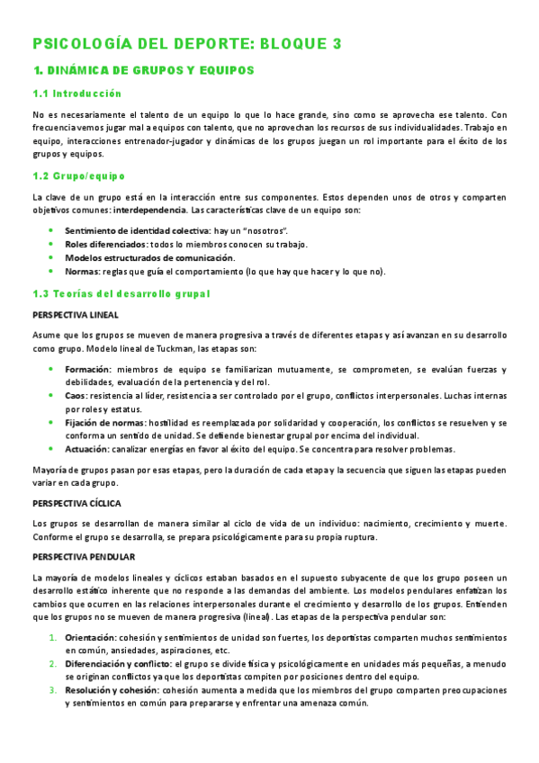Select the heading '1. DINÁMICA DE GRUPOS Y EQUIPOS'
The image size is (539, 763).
coord(143,69)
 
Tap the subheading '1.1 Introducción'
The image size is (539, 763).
coord(76,94)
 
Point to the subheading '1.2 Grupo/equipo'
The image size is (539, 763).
coord(78,175)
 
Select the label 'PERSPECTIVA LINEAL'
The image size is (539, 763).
coord(75,315)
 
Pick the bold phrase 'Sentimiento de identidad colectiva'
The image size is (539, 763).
coord(131,230)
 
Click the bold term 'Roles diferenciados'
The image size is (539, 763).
coord(105,244)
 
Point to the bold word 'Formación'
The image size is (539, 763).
coord(87,369)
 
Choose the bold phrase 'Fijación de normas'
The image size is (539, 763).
coord(103,423)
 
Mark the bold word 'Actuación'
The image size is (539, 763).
coord(87,450)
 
